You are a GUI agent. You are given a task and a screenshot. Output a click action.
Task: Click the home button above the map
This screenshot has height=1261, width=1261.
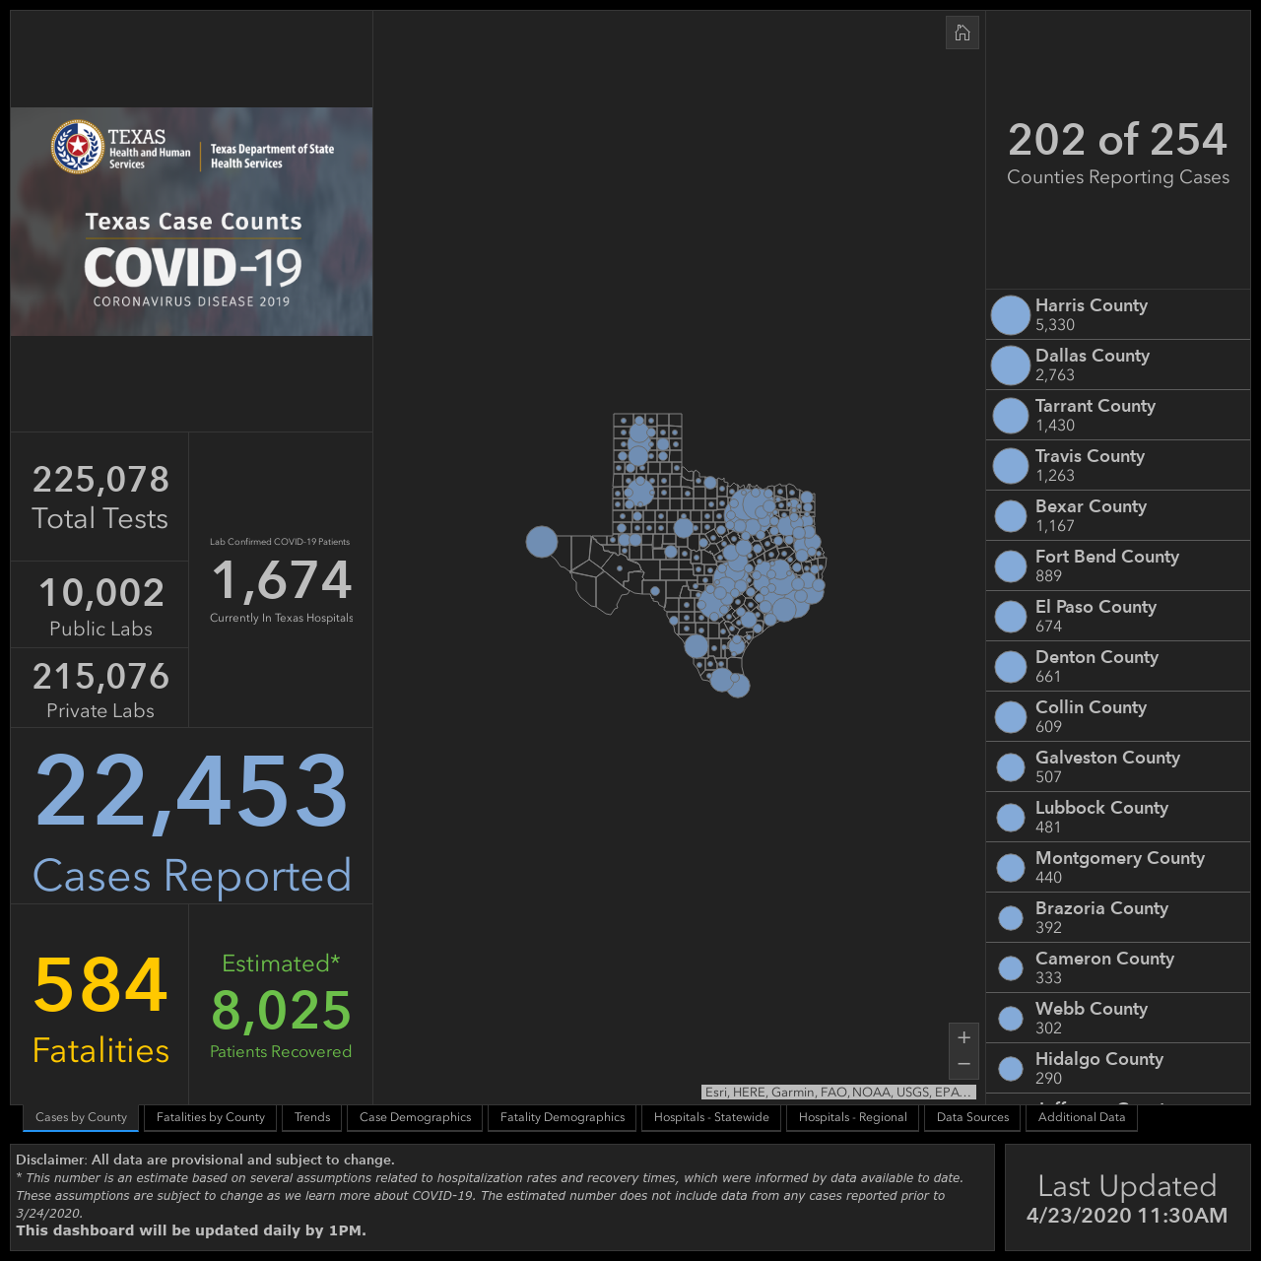point(962,33)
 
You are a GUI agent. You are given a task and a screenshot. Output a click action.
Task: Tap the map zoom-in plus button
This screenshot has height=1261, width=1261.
point(963,1037)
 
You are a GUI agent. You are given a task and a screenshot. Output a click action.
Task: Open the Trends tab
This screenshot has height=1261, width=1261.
point(312,1117)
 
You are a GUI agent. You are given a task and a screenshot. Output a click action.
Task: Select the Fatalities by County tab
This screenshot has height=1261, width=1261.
point(210,1117)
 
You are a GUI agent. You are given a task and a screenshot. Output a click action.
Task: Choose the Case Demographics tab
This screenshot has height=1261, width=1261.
point(415,1117)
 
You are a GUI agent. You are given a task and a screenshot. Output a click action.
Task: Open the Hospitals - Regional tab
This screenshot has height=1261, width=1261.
point(853,1117)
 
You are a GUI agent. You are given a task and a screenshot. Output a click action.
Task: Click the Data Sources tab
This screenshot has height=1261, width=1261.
point(972,1117)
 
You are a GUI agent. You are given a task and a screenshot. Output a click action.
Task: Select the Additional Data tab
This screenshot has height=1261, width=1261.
point(1082,1117)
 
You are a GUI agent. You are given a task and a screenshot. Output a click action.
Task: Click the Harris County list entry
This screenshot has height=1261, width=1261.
point(1118,315)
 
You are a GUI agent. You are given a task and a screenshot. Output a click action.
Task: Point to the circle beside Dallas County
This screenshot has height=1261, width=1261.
point(1011,365)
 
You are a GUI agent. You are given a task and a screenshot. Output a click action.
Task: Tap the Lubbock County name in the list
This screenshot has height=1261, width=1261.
point(1101,808)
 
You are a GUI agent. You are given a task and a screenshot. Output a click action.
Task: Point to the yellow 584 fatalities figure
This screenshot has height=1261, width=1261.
point(100,984)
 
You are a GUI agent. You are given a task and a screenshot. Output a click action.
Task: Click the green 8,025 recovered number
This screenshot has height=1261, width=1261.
point(281,1010)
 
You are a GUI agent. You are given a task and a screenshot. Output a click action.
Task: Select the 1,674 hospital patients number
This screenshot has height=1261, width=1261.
point(282,580)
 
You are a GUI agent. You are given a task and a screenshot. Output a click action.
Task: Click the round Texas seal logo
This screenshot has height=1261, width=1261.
point(78,147)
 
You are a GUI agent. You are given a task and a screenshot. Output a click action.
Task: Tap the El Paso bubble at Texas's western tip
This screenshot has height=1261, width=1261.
point(541,542)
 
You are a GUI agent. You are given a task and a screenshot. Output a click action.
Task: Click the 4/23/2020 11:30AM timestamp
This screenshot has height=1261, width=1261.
point(1127,1216)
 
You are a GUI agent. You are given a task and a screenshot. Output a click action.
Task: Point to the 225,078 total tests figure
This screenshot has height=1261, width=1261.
point(100,479)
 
